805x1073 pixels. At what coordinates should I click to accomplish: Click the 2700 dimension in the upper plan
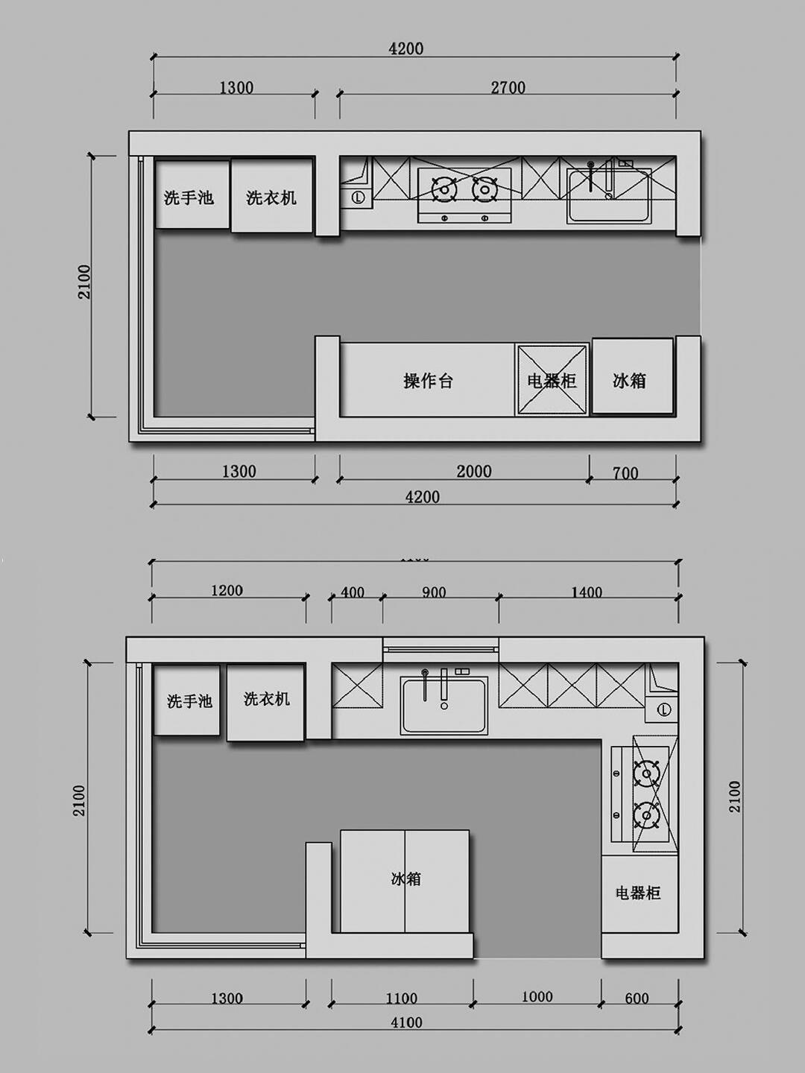pos(508,88)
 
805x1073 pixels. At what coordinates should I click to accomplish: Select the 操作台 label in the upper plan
pos(428,381)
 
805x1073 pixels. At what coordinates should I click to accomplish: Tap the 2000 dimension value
pos(474,472)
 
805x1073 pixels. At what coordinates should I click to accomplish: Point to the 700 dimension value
pos(625,473)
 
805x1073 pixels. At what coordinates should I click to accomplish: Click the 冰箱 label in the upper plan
pos(629,381)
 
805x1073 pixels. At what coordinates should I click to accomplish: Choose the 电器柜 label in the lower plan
pos(638,893)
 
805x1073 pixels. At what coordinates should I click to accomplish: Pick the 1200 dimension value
pos(227,591)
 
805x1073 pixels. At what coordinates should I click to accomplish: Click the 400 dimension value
pos(353,592)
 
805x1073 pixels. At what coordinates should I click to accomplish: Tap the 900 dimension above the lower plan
pos(434,592)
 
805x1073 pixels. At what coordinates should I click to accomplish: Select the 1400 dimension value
pos(587,592)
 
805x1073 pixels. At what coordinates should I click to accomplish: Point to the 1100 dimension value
pos(401,998)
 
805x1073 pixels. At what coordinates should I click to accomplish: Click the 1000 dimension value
pos(537,997)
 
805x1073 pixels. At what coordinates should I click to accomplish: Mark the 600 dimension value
pos(637,998)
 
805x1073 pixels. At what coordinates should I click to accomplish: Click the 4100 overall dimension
pos(406,1023)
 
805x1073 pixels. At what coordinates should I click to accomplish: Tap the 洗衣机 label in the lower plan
pos(266,699)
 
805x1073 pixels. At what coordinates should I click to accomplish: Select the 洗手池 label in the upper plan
pos(189,197)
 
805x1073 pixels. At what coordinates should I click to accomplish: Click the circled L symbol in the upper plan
pos(358,198)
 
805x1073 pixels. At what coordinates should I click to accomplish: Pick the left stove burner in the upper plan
pos(445,189)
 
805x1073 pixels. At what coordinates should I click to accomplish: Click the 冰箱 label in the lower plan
pos(405,879)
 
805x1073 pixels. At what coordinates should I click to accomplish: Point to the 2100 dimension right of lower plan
pos(735,797)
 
